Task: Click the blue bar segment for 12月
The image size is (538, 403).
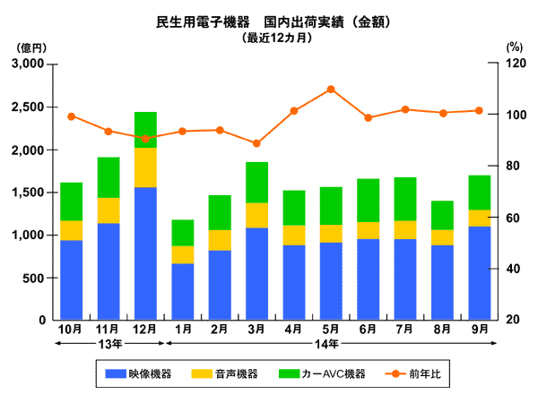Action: pyautogui.click(x=145, y=253)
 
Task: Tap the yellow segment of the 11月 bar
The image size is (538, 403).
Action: pyautogui.click(x=108, y=210)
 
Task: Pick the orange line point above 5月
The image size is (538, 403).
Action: pyautogui.click(x=331, y=90)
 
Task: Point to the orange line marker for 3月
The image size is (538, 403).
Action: pyautogui.click(x=256, y=143)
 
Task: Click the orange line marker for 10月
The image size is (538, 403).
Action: pyautogui.click(x=72, y=116)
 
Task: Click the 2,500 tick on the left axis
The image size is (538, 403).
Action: pyautogui.click(x=30, y=107)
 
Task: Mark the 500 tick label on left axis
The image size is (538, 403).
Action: pyautogui.click(x=36, y=278)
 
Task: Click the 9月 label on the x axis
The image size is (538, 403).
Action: pyautogui.click(x=479, y=329)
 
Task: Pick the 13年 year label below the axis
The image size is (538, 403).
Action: pyautogui.click(x=108, y=343)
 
